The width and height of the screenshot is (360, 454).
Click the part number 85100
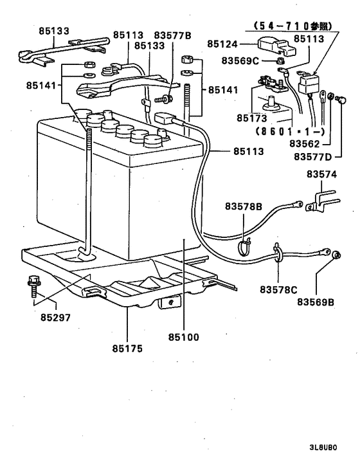(183, 336)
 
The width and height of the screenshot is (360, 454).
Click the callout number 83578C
(278, 289)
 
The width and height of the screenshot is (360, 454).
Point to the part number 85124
(223, 43)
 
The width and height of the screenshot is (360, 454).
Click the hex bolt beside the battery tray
(33, 285)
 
